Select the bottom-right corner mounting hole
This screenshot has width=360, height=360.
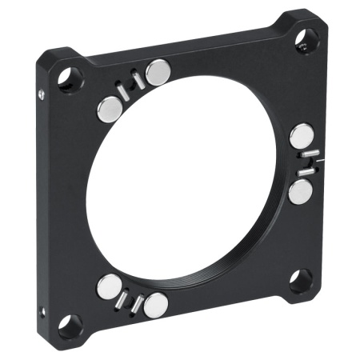(300, 278)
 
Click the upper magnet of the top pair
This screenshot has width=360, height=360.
(159, 72)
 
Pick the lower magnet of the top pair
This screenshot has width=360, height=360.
(109, 109)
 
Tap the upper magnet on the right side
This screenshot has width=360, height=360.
(302, 134)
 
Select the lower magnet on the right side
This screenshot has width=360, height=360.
(302, 190)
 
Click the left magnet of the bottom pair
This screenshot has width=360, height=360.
(109, 286)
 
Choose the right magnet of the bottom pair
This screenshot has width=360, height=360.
(157, 303)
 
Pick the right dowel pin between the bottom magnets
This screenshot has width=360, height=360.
(138, 303)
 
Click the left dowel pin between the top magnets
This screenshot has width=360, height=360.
(123, 90)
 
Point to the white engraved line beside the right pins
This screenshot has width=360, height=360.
(318, 162)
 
